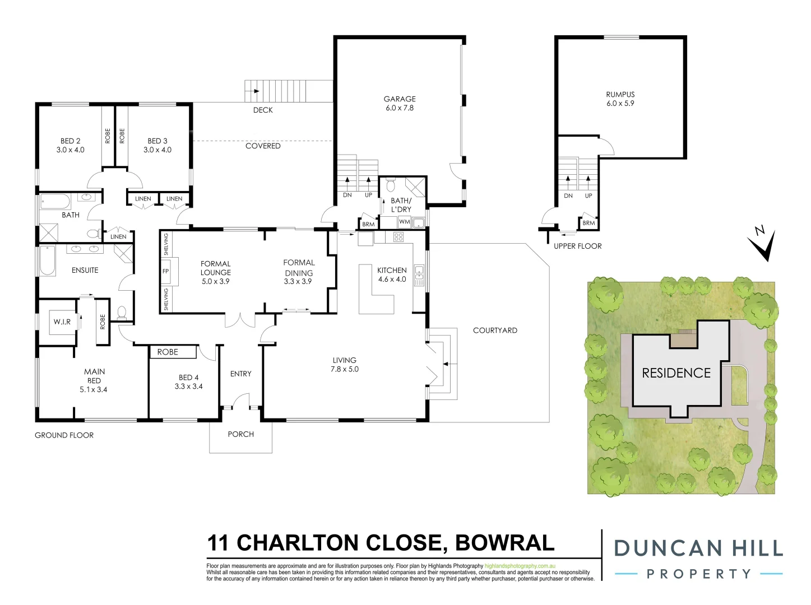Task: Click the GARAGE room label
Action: (400, 99)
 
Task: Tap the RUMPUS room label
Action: (620, 95)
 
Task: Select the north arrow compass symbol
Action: (762, 244)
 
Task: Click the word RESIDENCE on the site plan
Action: (676, 373)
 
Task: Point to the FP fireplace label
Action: (165, 271)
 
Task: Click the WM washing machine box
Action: (404, 222)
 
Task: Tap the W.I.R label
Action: (62, 322)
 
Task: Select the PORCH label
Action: (240, 434)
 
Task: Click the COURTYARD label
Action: (495, 331)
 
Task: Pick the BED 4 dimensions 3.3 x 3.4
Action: (189, 387)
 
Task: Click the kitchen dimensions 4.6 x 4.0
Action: (392, 279)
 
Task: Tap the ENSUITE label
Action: (85, 270)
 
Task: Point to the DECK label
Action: (263, 110)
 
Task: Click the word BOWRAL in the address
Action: (504, 543)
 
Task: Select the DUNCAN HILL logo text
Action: (698, 548)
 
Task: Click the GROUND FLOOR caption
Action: (64, 435)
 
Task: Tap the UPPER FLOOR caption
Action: (577, 246)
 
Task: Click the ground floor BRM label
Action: (368, 224)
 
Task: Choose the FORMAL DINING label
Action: (299, 268)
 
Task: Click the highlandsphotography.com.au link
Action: (520, 566)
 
